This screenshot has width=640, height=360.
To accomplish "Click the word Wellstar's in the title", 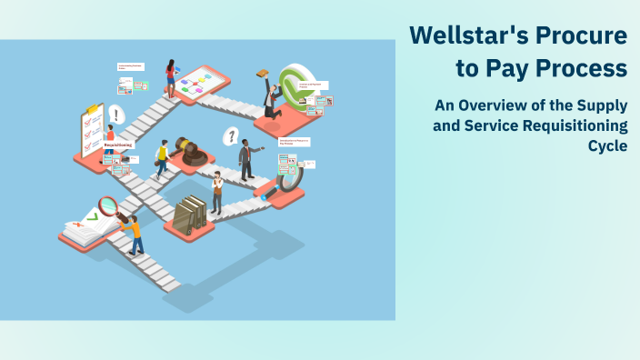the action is click(463, 35).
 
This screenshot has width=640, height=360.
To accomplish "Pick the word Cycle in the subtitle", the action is click(608, 145).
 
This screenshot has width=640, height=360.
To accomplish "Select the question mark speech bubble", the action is click(231, 136).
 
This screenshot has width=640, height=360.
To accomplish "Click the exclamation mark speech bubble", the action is click(115, 115).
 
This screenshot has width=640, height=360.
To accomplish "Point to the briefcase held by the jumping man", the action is click(263, 74).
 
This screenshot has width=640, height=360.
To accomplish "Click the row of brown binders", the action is click(190, 215).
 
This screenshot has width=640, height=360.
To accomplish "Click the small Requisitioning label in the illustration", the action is click(118, 145).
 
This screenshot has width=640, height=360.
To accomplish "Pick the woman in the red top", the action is click(170, 77).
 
